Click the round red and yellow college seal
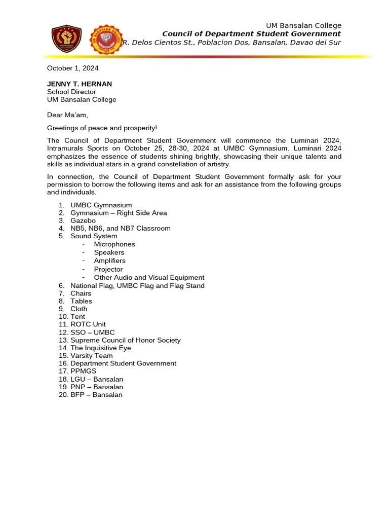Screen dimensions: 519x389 [106, 40]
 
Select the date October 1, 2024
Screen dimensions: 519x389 [72, 68]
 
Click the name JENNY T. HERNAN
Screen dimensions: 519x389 [80, 84]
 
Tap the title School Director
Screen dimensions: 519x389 [71, 92]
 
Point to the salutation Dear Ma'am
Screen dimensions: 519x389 [67, 115]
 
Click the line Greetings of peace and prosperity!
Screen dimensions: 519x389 [102, 128]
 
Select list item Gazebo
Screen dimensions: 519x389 [83, 220]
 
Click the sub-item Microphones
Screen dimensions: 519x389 [114, 244]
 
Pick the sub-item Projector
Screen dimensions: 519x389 [108, 269]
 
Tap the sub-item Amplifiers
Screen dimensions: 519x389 [109, 261]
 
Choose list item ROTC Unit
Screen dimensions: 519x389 [88, 324]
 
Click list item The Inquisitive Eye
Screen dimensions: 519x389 [100, 348]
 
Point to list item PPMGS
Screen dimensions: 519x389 [83, 371]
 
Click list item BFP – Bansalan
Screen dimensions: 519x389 [96, 394]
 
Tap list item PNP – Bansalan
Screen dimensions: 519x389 [96, 387]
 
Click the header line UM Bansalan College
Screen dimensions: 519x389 [304, 25]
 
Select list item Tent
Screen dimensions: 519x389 [77, 316]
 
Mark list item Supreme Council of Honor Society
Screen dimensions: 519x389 [125, 340]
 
